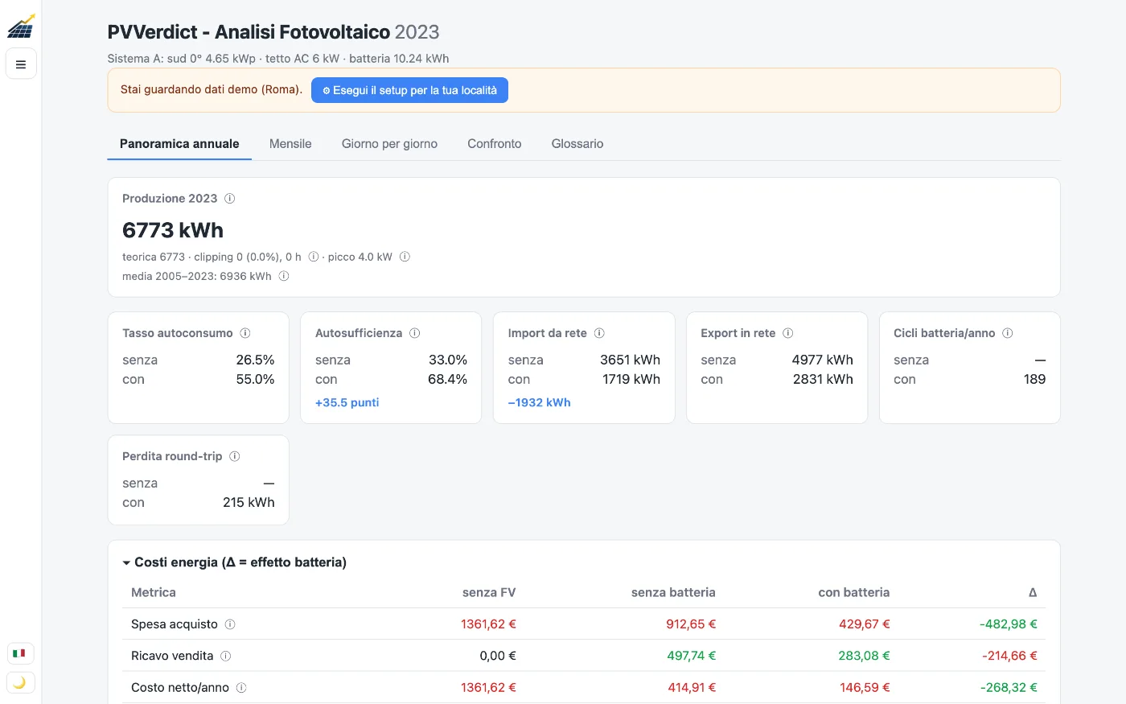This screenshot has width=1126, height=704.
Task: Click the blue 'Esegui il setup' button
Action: pyautogui.click(x=409, y=90)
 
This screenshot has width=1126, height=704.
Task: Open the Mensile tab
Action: pyautogui.click(x=290, y=144)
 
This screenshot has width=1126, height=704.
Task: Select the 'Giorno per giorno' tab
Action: pyautogui.click(x=389, y=144)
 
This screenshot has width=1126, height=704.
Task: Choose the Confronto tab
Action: pyautogui.click(x=494, y=144)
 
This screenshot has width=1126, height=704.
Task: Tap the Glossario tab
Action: pyautogui.click(x=577, y=144)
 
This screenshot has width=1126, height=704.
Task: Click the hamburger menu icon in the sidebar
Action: pyautogui.click(x=21, y=64)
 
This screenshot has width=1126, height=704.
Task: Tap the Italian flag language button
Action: pyautogui.click(x=19, y=653)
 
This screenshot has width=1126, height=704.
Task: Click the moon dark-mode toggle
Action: pyautogui.click(x=19, y=683)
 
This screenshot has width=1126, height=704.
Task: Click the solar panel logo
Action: pyautogui.click(x=21, y=26)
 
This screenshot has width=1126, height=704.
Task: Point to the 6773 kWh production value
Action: pyautogui.click(x=172, y=230)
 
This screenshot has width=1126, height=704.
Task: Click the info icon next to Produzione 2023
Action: pyautogui.click(x=230, y=199)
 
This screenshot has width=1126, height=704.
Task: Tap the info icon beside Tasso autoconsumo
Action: pyautogui.click(x=245, y=333)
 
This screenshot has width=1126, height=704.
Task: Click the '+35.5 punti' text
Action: pyautogui.click(x=347, y=402)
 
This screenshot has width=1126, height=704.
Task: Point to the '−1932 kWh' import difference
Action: pyautogui.click(x=539, y=402)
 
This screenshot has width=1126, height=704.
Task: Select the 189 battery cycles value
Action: pyautogui.click(x=1034, y=379)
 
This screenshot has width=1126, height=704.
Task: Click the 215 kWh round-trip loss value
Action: pyautogui.click(x=249, y=502)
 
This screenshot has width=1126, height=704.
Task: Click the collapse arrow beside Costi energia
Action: pyautogui.click(x=126, y=562)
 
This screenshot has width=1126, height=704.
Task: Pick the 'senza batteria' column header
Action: pyautogui.click(x=673, y=592)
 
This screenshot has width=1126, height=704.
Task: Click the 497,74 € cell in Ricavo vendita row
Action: pyautogui.click(x=691, y=656)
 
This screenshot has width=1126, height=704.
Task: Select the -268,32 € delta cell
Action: pyautogui.click(x=1009, y=687)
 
